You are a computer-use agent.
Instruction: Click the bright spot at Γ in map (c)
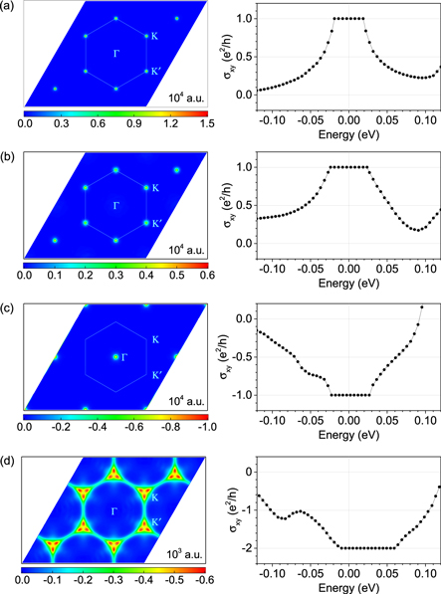click(114, 355)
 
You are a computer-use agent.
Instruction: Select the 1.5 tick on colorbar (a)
click(202, 127)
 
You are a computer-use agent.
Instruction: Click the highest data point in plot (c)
click(422, 306)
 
